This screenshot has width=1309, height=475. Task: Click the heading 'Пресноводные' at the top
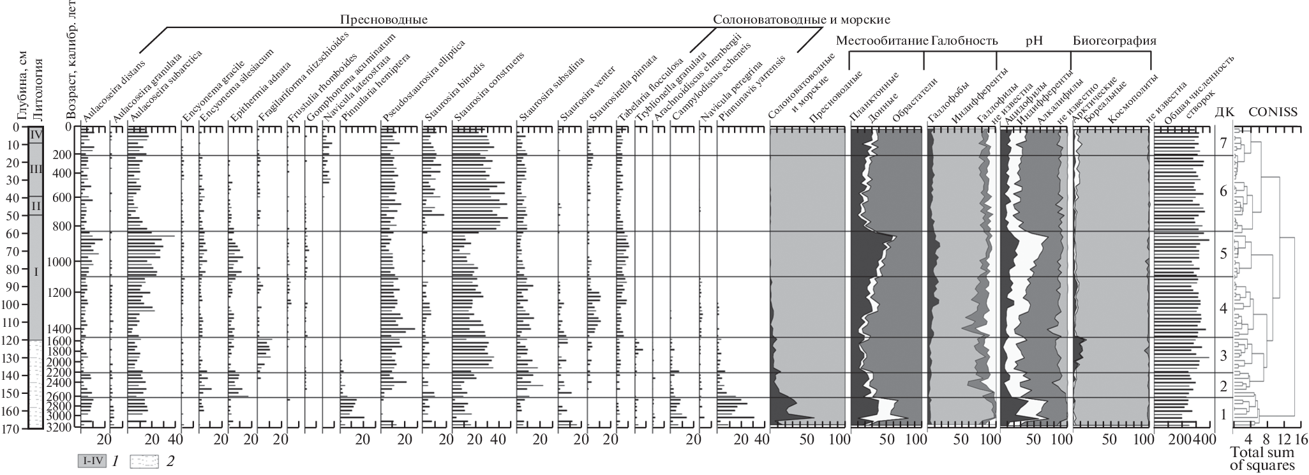coord(383,20)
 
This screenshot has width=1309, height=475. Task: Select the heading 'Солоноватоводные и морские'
coord(801,20)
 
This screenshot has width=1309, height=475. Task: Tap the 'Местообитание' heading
coord(882,41)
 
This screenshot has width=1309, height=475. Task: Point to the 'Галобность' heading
coord(964,41)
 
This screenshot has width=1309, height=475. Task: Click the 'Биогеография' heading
coord(1114,41)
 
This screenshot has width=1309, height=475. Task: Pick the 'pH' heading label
coord(1034,41)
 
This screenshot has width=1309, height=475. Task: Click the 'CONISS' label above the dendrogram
coord(1273,112)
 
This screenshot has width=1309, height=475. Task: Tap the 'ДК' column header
coord(1223,112)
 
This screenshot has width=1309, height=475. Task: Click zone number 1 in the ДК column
coord(1223,414)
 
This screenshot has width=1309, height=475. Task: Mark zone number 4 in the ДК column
coord(1223,308)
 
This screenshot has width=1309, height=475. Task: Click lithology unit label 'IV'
coord(36,135)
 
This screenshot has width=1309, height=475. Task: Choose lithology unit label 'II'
coord(36,206)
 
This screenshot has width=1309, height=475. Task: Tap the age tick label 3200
coord(64,428)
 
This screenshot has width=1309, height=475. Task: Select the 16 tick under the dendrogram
coord(1301,440)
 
